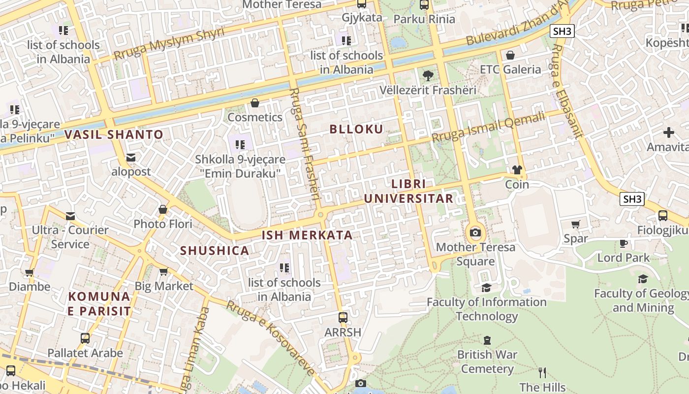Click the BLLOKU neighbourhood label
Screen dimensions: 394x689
[x=356, y=130]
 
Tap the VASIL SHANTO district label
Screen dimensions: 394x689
[x=114, y=134]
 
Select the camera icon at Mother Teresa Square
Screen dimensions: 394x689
[x=475, y=232]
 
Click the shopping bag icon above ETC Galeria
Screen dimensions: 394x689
[x=510, y=55]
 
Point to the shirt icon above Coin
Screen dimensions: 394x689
[x=517, y=170]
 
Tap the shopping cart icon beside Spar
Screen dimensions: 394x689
[x=575, y=225]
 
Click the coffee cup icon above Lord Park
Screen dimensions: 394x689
[x=623, y=243]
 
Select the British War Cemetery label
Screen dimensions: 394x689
[x=487, y=361]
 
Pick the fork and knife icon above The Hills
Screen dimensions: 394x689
[x=542, y=373]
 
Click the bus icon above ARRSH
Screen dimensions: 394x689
[x=343, y=318]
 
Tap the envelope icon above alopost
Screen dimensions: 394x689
[x=131, y=158]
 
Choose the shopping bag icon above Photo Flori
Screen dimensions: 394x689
[x=163, y=210]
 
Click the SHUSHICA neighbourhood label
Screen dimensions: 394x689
[x=215, y=251]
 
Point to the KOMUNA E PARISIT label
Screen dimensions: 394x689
[x=99, y=304]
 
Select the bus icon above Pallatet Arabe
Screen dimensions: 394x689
[x=85, y=338]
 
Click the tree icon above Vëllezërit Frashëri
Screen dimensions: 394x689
[x=428, y=76]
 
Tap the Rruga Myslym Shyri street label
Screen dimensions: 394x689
[x=169, y=43]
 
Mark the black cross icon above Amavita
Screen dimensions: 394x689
[x=668, y=132]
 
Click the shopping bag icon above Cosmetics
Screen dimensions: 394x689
[x=255, y=103]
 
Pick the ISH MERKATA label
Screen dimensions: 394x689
[x=307, y=235]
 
